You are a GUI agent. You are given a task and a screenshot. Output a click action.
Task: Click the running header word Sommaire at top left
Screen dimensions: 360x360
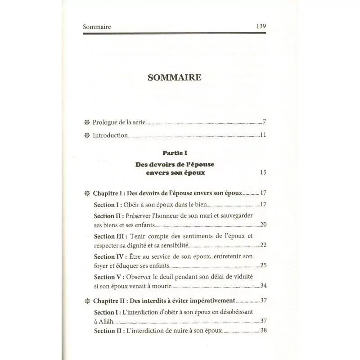tap(97, 27)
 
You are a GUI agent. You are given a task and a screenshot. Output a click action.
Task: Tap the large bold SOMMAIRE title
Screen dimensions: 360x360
tap(175, 77)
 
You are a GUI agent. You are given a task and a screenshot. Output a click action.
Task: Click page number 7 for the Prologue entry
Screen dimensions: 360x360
tap(265, 122)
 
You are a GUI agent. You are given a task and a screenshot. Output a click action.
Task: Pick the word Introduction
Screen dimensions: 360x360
tap(110, 135)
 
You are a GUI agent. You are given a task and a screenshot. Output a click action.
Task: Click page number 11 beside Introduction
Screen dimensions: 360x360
tap(264, 135)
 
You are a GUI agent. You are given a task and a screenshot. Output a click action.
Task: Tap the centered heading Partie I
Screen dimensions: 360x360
tap(175, 153)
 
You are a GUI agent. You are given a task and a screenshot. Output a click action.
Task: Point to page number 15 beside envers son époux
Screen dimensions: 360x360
tap(264, 172)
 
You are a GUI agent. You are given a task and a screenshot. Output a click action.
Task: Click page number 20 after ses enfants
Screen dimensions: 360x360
tap(264, 225)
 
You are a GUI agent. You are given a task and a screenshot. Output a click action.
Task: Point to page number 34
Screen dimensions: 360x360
tap(264, 285)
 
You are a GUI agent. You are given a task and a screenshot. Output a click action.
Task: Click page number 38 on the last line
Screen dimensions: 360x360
tap(264, 330)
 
